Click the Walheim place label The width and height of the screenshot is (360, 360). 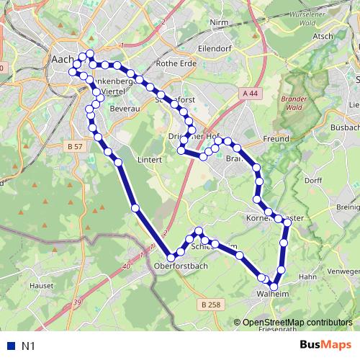tap(271, 294)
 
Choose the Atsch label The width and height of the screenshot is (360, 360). tap(323, 36)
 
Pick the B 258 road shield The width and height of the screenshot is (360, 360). tap(210, 305)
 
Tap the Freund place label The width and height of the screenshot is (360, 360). tap(276, 138)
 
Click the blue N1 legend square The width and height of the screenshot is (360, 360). tap(9, 346)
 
